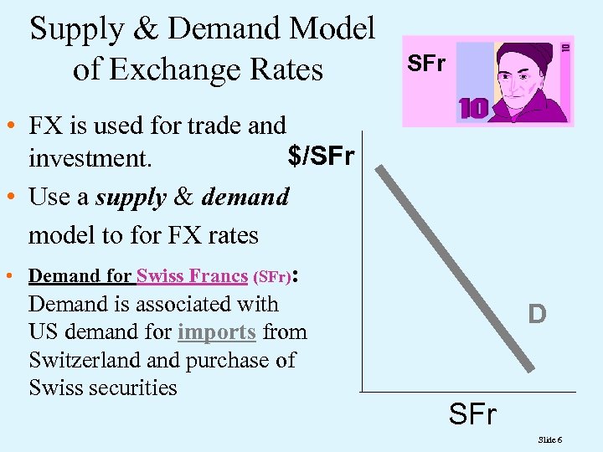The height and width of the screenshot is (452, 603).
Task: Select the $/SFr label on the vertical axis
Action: (x=321, y=156)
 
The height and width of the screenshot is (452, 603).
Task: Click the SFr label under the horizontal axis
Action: (x=472, y=413)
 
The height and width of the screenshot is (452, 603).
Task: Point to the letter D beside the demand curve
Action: (x=537, y=315)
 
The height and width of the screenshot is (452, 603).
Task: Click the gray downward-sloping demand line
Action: (x=456, y=268)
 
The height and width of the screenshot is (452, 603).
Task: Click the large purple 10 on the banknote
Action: (x=475, y=109)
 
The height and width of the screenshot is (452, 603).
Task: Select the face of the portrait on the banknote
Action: (x=521, y=79)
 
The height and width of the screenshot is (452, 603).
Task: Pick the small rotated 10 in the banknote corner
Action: (x=565, y=49)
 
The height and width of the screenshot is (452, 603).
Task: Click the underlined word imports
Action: (x=216, y=331)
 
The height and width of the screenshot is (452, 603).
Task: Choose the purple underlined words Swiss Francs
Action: (x=192, y=275)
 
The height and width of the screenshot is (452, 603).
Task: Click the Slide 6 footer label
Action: (x=550, y=439)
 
